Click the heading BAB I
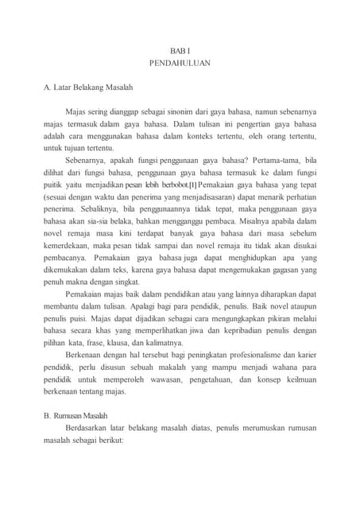[x=180, y=49]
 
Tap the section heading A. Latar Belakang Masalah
[x=88, y=86]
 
